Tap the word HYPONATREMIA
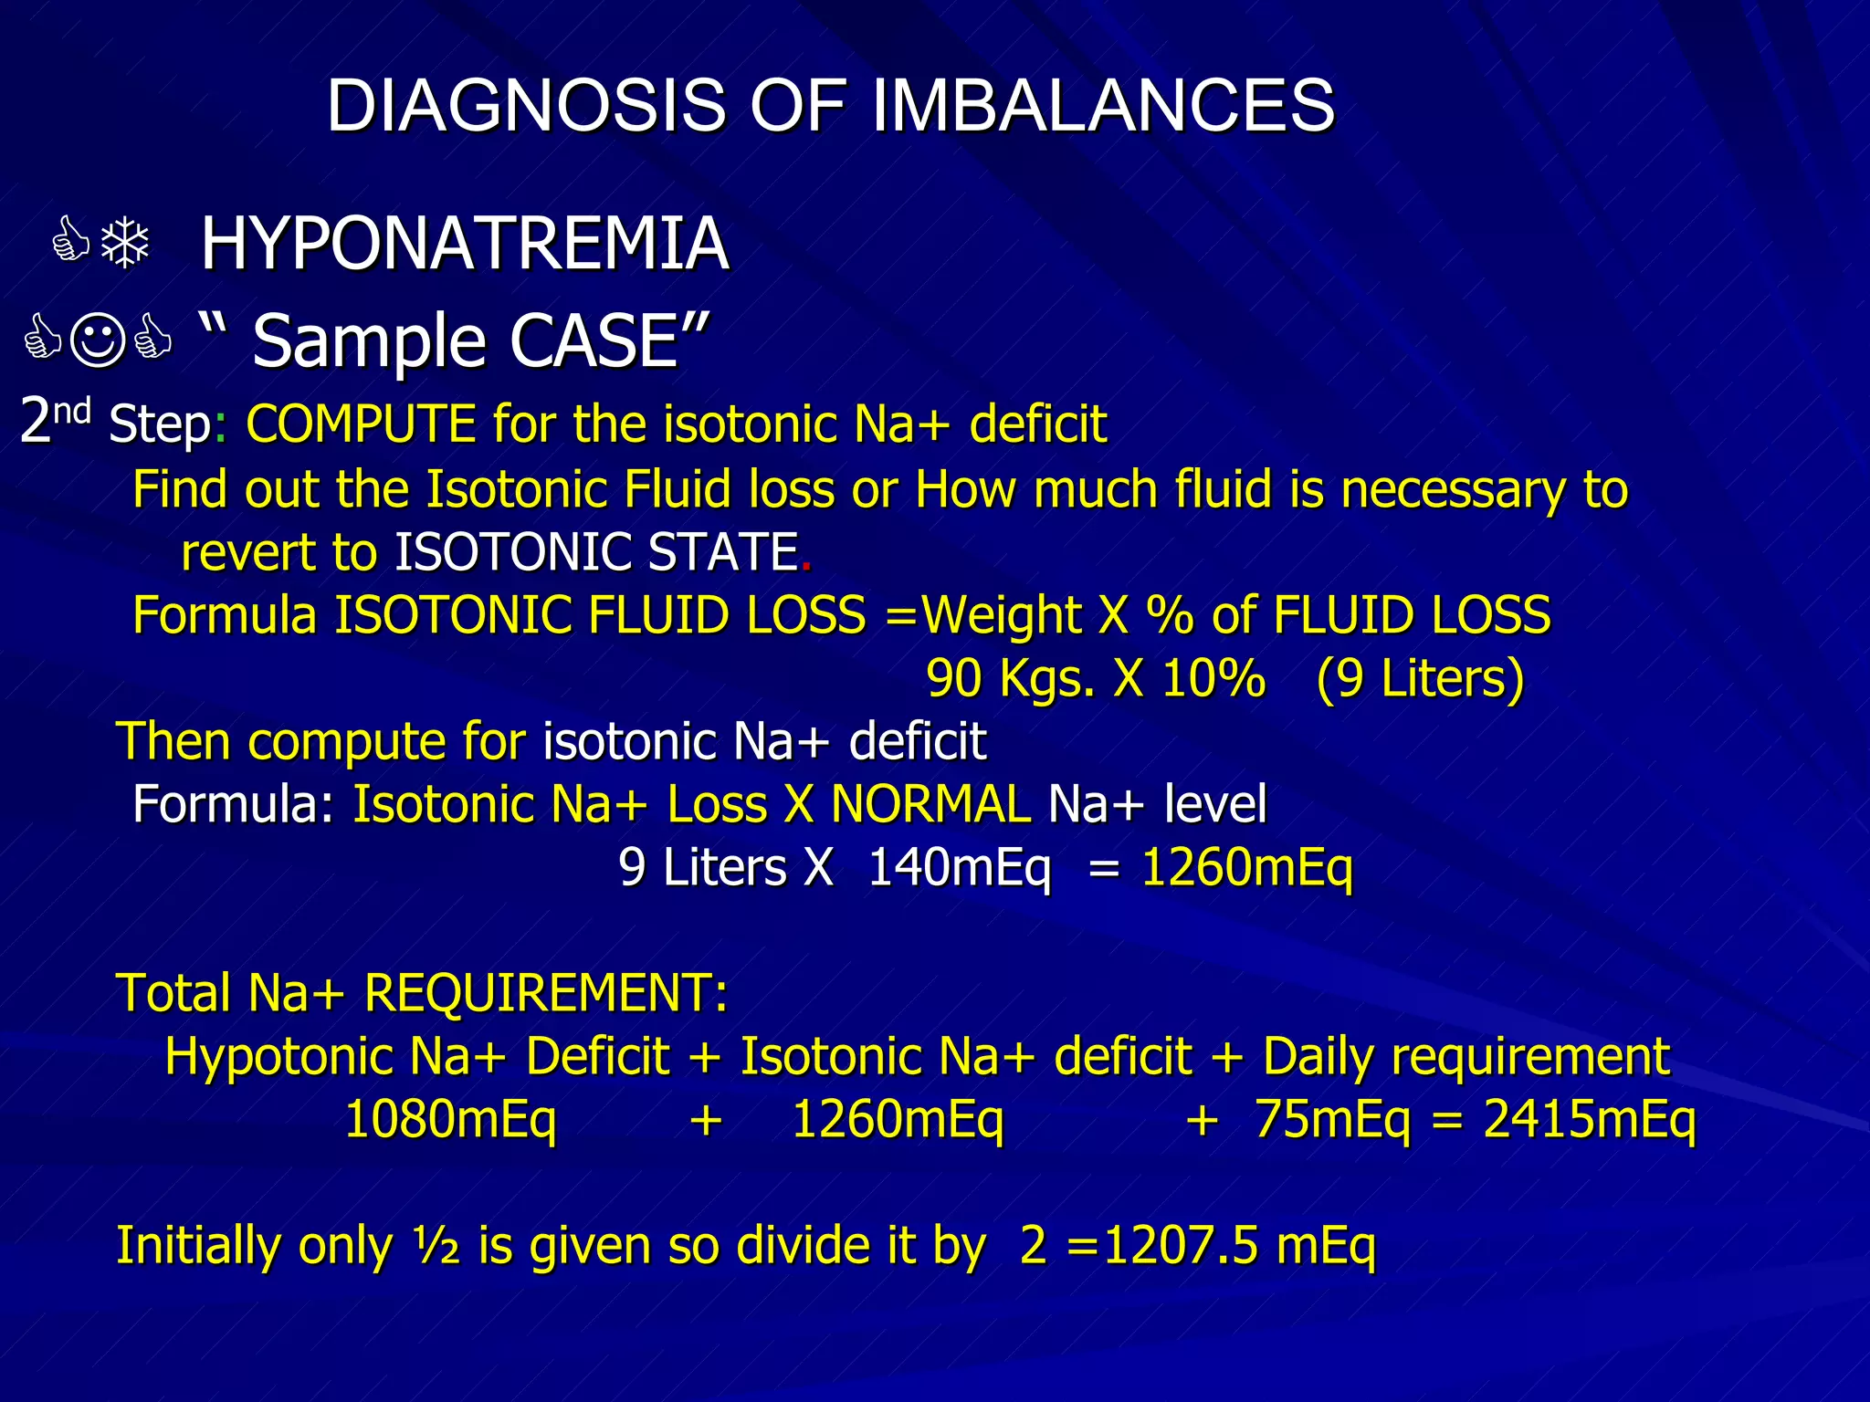pyautogui.click(x=465, y=244)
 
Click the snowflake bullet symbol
pyautogui.click(x=125, y=244)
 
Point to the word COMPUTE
pyautogui.click(x=361, y=424)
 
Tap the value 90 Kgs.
pyautogui.click(x=1010, y=679)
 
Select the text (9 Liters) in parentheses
pyautogui.click(x=1420, y=679)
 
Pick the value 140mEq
pyautogui.click(x=959, y=867)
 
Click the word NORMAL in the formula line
pyautogui.click(x=930, y=805)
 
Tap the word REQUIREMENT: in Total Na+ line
pyautogui.click(x=546, y=993)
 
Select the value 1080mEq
pyautogui.click(x=450, y=1120)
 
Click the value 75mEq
pyautogui.click(x=1332, y=1120)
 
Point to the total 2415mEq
pyautogui.click(x=1590, y=1120)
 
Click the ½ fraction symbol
pyautogui.click(x=436, y=1246)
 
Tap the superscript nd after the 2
pyautogui.click(x=72, y=412)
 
